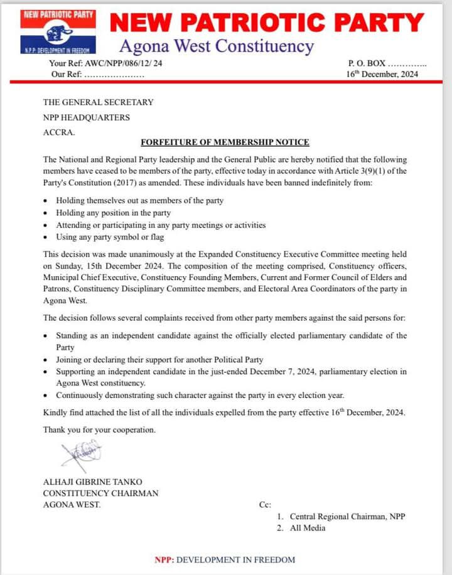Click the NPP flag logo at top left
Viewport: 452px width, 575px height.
[58, 31]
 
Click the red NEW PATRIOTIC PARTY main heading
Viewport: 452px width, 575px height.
[267, 23]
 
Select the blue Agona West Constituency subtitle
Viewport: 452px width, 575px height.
[215, 46]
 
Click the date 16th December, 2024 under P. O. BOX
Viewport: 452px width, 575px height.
[382, 74]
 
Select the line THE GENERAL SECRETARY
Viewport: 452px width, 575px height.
[98, 102]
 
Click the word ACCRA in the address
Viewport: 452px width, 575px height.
[58, 132]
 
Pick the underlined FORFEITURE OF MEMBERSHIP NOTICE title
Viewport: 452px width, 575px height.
[225, 142]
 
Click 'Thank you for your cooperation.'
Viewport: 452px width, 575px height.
[99, 430]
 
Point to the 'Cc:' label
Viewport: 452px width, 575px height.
[265, 505]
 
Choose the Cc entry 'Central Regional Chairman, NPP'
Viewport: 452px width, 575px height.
[347, 517]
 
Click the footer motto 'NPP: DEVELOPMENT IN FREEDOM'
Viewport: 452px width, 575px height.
[225, 560]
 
